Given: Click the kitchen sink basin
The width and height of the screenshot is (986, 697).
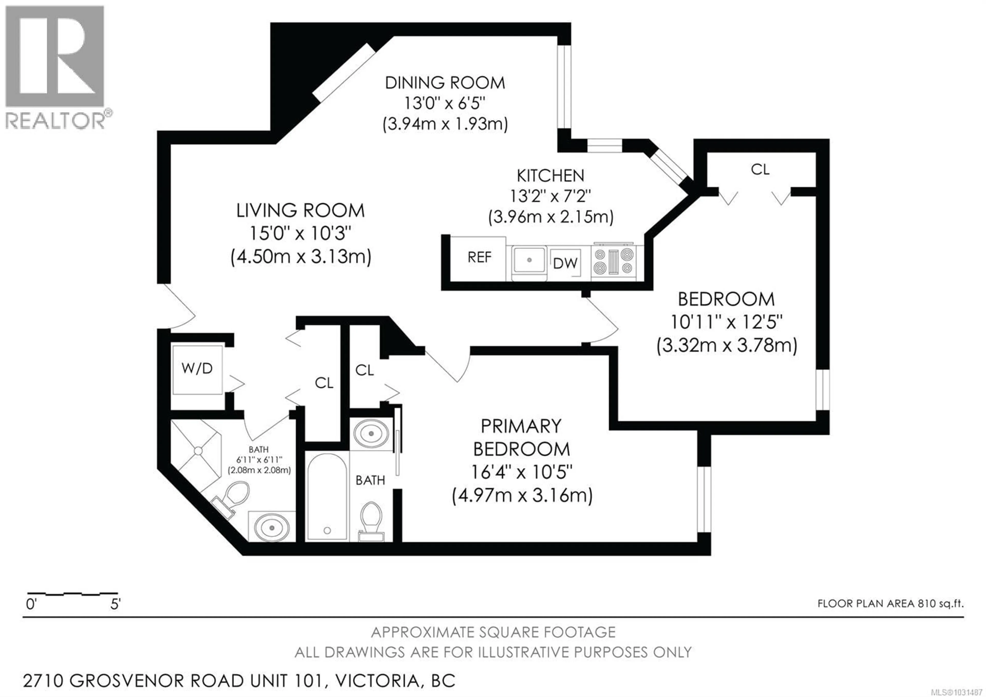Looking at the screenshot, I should pyautogui.click(x=529, y=260).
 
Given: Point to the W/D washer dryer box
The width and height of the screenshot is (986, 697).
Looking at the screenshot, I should pyautogui.click(x=197, y=369).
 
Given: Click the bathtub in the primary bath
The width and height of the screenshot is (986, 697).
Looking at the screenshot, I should pyautogui.click(x=327, y=496).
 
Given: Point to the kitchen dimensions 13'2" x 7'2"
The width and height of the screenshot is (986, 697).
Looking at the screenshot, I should pyautogui.click(x=550, y=196).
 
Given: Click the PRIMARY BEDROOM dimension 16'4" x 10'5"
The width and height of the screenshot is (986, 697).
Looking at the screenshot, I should pyautogui.click(x=522, y=473).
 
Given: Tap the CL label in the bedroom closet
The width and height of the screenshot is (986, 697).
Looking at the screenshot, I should pyautogui.click(x=760, y=170).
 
